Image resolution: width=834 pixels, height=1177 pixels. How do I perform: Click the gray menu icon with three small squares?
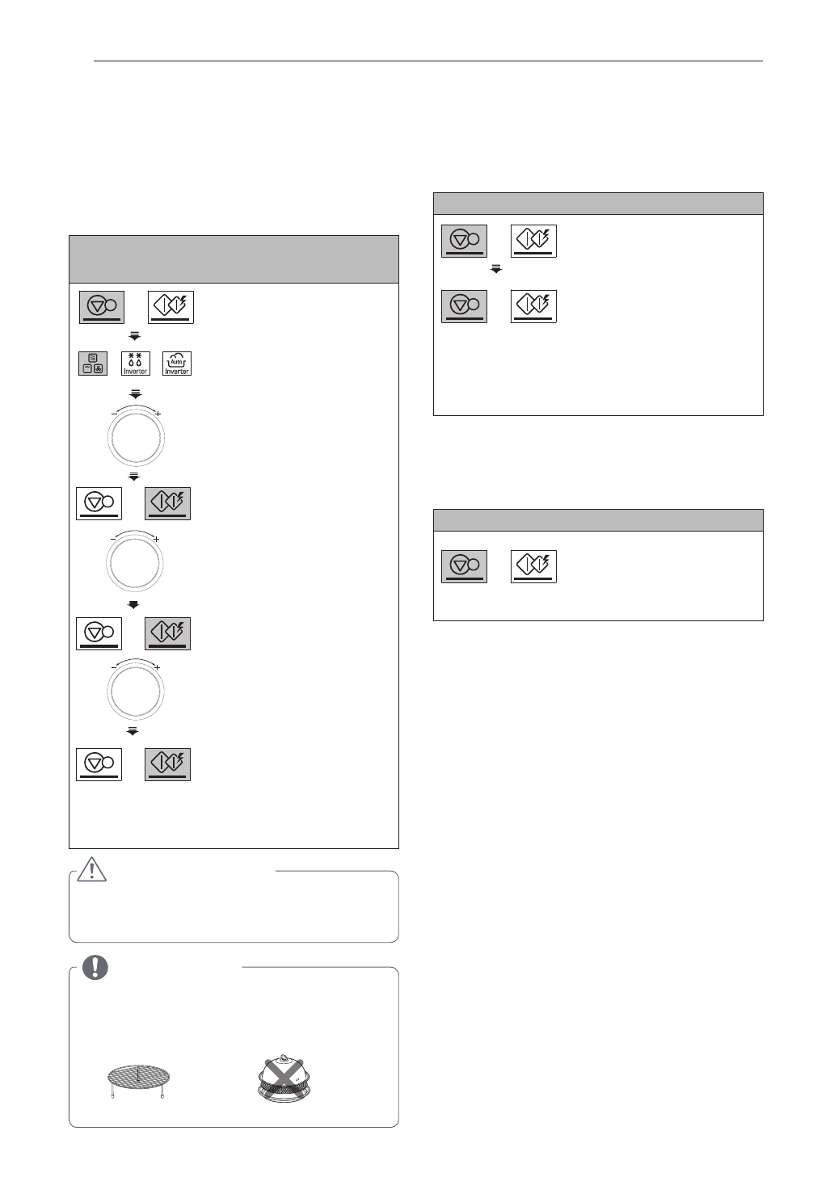(93, 364)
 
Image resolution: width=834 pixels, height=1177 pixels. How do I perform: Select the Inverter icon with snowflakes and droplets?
(135, 364)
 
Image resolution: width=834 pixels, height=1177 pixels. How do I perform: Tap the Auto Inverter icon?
(177, 364)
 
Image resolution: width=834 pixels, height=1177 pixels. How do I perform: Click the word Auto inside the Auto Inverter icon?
(177, 362)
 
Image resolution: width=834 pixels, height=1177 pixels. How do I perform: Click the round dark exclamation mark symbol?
(95, 967)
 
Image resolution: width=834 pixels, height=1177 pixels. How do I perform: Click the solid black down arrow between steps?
(134, 604)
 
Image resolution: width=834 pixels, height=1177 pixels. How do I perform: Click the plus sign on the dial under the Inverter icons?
(158, 414)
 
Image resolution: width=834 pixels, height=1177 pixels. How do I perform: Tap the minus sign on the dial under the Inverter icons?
(113, 414)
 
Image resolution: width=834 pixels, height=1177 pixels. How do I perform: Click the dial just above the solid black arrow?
(135, 562)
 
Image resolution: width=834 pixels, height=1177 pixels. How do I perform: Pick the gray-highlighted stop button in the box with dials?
(102, 307)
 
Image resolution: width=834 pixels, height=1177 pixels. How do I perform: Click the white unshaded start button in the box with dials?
(171, 307)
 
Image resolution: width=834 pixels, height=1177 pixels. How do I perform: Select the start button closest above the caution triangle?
(167, 763)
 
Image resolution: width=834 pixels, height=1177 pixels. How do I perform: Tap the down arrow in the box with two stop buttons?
(496, 269)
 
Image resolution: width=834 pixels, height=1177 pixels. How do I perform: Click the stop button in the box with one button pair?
(464, 565)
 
